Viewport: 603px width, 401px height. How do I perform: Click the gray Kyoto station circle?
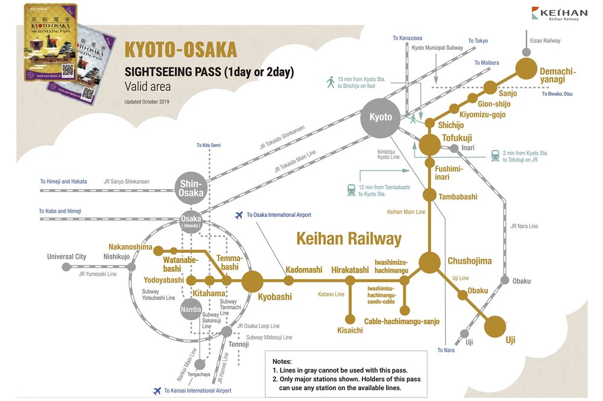[380, 117]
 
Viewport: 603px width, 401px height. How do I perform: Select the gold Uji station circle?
[496, 326]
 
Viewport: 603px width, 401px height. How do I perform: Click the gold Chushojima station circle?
[429, 262]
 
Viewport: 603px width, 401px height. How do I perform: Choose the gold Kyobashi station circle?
[253, 281]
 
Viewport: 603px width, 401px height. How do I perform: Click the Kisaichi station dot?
[350, 320]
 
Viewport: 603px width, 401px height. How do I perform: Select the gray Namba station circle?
[190, 309]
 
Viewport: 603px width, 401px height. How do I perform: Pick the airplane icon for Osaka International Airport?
[239, 215]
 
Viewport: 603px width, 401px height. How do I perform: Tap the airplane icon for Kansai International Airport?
[157, 390]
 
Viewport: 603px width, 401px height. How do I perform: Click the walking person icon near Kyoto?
[330, 82]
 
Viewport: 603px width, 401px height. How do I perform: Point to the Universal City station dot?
[66, 267]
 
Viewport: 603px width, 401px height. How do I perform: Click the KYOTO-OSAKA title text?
[180, 51]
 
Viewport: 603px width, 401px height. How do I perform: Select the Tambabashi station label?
[458, 197]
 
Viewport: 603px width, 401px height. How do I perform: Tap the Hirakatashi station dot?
[350, 281]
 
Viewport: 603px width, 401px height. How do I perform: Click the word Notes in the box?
[282, 361]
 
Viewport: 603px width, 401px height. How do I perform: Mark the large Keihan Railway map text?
[349, 238]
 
